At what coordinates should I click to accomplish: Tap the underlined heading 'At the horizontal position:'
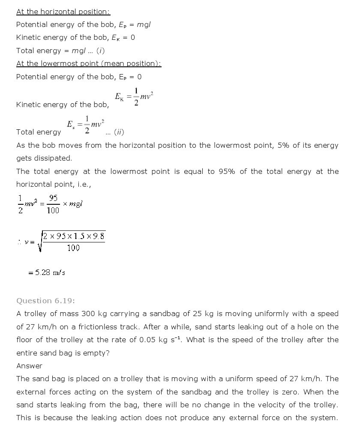[x=63, y=12]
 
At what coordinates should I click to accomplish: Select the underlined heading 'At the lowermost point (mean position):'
[x=89, y=63]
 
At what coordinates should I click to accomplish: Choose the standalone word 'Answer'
[x=29, y=366]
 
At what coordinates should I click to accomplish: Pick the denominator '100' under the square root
[x=73, y=248]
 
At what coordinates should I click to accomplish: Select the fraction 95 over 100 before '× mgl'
[x=53, y=204]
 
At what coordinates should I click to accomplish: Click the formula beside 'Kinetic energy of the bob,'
[x=134, y=96]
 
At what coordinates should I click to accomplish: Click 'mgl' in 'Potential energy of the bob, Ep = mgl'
[x=144, y=24]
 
